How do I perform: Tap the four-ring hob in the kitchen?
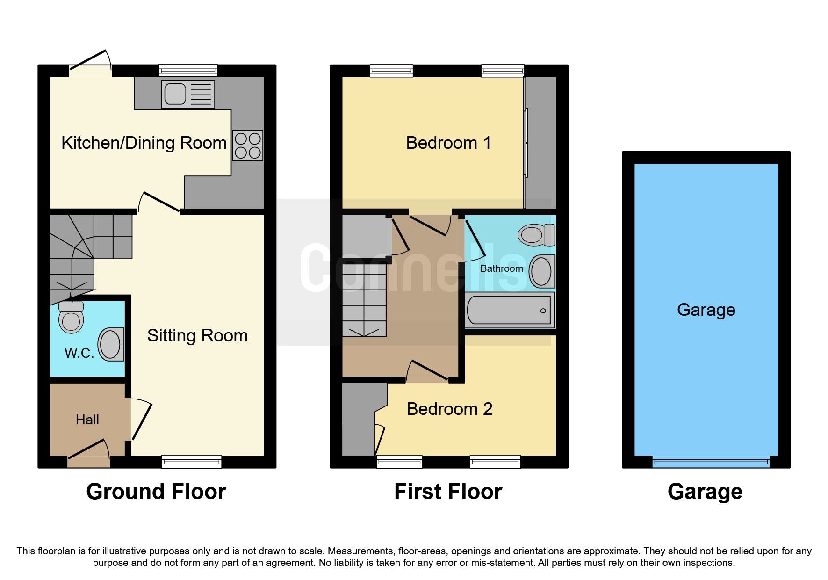click(x=248, y=145)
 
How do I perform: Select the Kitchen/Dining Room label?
click(x=144, y=143)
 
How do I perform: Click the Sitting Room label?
click(x=197, y=335)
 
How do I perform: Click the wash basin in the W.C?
click(x=111, y=344)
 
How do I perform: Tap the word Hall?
click(x=87, y=420)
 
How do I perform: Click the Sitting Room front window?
click(x=191, y=462)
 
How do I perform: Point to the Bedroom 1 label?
click(x=448, y=143)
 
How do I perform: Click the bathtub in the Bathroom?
click(x=509, y=310)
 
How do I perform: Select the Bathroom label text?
click(x=501, y=268)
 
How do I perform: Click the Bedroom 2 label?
click(x=449, y=409)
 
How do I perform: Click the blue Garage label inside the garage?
click(x=706, y=310)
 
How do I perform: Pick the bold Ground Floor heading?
click(x=156, y=492)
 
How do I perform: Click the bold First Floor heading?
click(x=448, y=492)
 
